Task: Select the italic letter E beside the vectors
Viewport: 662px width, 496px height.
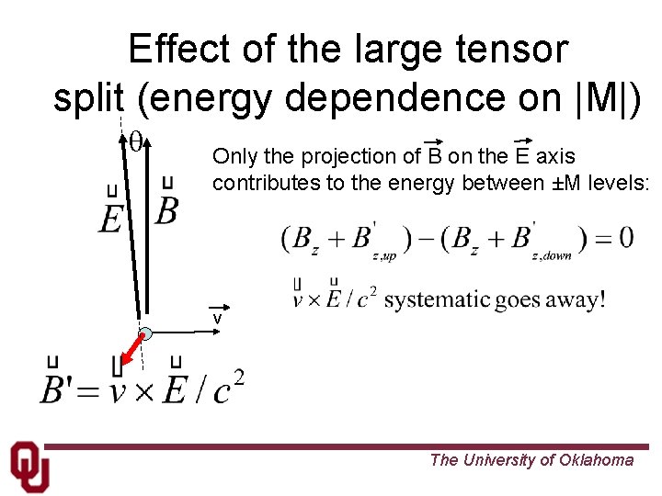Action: click(x=111, y=218)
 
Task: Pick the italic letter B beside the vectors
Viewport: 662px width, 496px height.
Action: click(x=166, y=211)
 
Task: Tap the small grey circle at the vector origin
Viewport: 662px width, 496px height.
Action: click(x=145, y=334)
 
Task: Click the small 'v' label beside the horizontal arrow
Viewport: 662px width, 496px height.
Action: click(x=218, y=318)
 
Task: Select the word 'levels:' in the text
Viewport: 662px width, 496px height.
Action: click(x=619, y=183)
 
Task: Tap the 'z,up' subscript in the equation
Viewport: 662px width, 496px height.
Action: click(x=384, y=257)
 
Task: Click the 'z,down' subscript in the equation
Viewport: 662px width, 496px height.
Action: click(x=552, y=256)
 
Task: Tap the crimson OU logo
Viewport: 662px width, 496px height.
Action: click(x=29, y=468)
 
